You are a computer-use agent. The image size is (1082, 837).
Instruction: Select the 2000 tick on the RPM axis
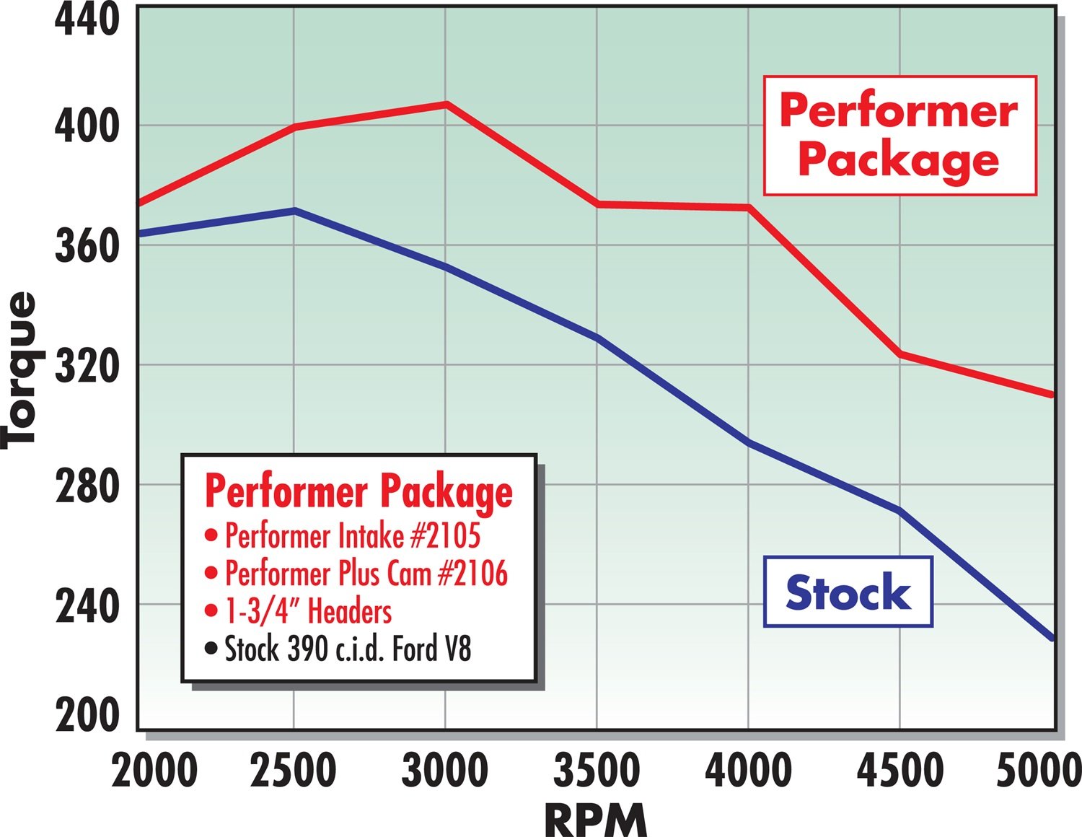pos(154,770)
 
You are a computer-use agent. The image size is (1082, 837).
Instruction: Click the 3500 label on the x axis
pos(596,770)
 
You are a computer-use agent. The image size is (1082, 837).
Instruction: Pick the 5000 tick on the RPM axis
pos(1039,770)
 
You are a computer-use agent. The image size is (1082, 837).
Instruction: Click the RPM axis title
pos(596,820)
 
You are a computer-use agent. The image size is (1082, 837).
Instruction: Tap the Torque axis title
pos(19,370)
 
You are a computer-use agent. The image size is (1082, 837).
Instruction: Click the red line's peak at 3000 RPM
pos(446,104)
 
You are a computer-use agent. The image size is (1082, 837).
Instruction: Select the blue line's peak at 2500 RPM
pos(294,211)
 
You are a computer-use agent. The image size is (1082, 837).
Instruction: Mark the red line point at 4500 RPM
pos(900,354)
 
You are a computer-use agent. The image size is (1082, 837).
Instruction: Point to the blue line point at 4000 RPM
pos(749,442)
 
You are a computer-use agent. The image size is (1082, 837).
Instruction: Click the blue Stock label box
pos(848,592)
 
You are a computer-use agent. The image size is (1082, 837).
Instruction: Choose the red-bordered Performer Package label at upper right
pos(900,135)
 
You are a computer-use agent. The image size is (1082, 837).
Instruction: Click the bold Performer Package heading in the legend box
pos(359,491)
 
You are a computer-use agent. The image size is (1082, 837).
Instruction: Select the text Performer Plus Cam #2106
pos(366,574)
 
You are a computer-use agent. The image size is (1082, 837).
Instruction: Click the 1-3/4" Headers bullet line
pos(308,611)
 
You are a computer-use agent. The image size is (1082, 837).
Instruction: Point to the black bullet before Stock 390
pos(211,648)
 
